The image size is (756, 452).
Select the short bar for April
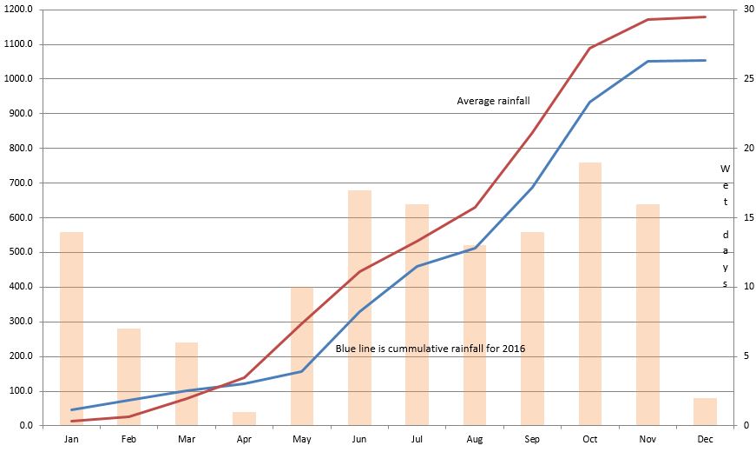coord(245,419)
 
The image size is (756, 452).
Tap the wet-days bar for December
coord(705,412)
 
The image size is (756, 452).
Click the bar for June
coord(359,308)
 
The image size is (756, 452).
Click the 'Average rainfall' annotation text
coord(493,101)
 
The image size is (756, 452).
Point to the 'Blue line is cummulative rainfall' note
coord(431,349)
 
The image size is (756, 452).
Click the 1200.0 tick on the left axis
coord(20,10)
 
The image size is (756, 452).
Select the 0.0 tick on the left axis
coord(25,426)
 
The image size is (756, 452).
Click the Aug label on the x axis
coord(475,440)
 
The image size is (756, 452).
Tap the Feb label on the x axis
coord(128,440)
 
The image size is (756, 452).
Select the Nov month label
coord(648,440)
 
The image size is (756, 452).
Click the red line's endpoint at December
coord(705,17)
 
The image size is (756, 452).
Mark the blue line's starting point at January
coord(71,409)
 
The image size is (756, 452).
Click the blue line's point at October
coord(590,102)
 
